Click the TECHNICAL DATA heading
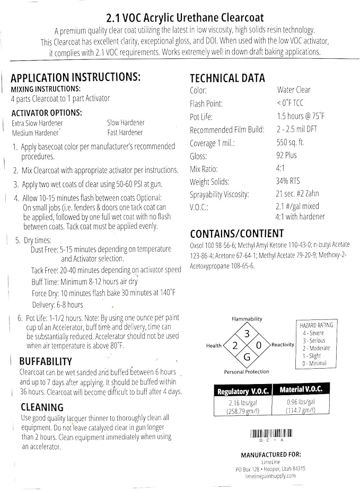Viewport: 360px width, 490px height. point(227,78)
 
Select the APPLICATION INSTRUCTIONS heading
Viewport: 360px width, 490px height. point(75,77)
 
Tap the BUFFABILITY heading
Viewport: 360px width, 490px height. point(46,361)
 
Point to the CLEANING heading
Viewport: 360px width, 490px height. point(42,407)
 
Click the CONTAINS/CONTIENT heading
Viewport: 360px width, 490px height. point(236,234)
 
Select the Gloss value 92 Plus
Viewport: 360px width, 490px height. point(287,156)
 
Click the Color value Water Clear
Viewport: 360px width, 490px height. point(294,90)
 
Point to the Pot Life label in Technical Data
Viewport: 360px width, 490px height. point(202,117)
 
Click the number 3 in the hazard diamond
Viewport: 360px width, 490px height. point(247,334)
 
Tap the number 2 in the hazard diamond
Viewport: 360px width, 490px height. point(235,345)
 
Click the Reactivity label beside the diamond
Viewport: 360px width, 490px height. point(283,345)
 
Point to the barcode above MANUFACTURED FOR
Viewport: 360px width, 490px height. point(271,433)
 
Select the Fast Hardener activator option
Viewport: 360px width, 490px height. point(126,132)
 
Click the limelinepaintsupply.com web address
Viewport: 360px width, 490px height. point(270,476)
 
